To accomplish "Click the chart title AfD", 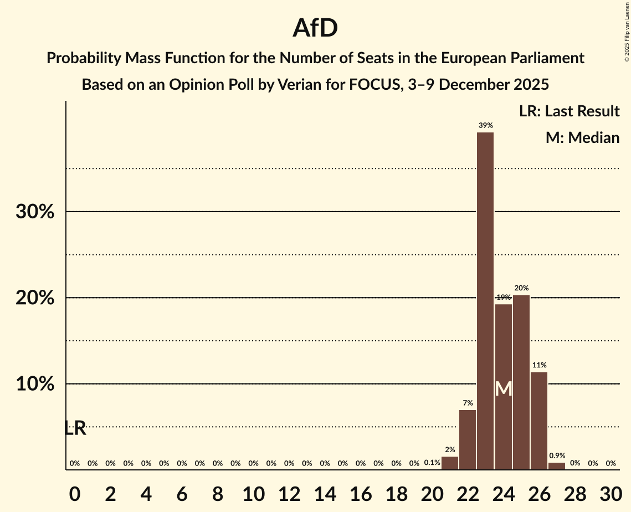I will coord(315,28).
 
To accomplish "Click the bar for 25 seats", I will coord(521,382).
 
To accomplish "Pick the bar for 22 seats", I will coord(468,440).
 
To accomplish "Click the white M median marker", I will coord(503,389).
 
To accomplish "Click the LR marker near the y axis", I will coord(75,428).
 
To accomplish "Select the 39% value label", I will coord(486,126).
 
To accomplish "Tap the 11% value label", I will coord(539,365).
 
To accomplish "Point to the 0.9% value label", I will coord(557,456).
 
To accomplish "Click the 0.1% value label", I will coord(432,463).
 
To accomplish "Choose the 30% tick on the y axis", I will coord(35,212).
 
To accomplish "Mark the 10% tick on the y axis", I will coord(35,384).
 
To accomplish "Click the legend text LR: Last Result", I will coord(569,111).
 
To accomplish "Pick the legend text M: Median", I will coord(582,138).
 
